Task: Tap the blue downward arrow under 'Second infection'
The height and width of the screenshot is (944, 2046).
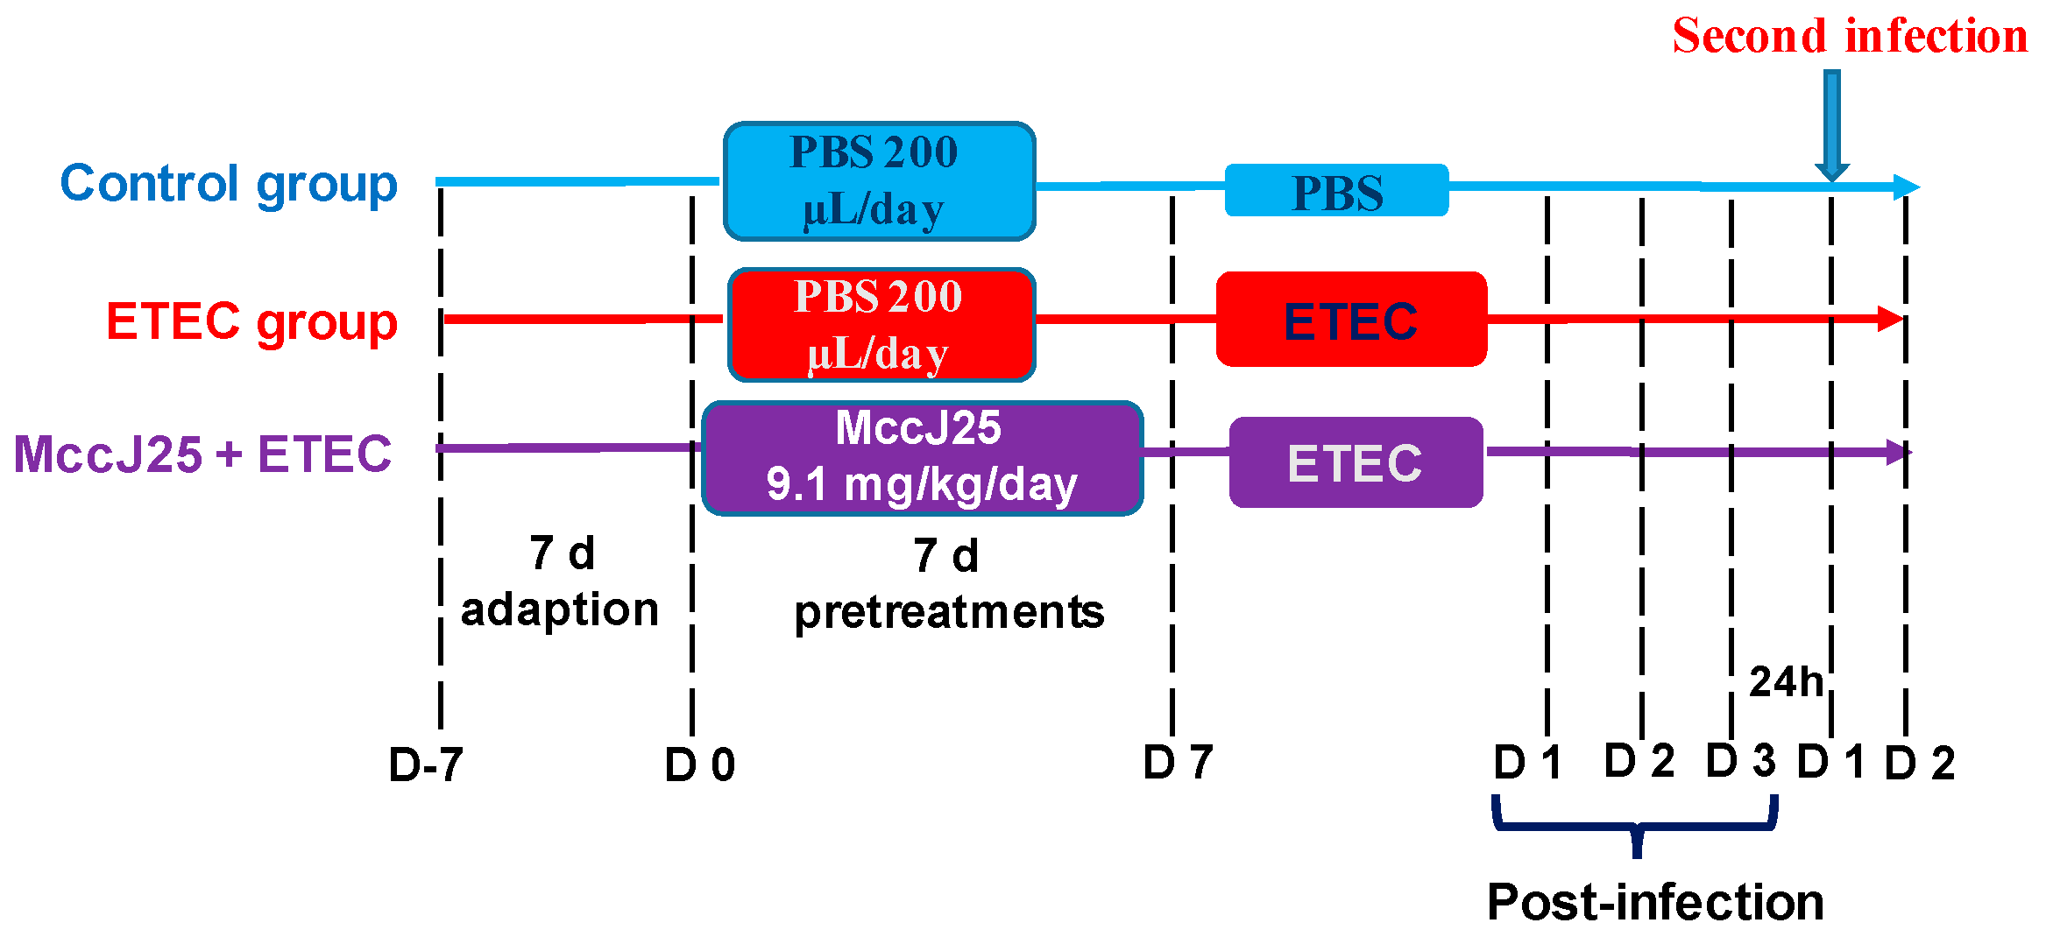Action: click(1831, 127)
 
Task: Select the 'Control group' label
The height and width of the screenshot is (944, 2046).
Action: click(229, 184)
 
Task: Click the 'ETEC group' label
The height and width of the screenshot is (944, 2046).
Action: click(251, 321)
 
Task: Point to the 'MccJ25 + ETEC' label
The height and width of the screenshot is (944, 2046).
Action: click(202, 454)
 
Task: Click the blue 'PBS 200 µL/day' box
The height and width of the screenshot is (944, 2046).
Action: click(879, 181)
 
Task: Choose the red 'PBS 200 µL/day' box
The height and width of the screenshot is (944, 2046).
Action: click(881, 325)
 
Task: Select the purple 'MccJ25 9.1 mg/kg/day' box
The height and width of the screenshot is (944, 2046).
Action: click(922, 458)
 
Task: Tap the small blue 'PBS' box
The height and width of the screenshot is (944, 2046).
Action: click(1336, 191)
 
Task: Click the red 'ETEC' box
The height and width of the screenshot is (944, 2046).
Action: click(1351, 320)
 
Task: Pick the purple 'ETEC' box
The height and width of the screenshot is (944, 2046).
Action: click(1356, 462)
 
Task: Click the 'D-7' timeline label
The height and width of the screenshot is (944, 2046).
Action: click(426, 764)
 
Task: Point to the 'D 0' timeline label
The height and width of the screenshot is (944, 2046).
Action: click(699, 764)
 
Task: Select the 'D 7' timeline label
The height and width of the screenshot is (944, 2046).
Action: click(1178, 762)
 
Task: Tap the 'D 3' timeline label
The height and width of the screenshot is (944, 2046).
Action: click(1740, 760)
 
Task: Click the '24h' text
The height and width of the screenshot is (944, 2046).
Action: click(1786, 681)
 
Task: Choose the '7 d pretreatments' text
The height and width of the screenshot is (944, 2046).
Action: click(949, 584)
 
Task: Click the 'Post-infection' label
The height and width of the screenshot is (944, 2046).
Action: click(1655, 902)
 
